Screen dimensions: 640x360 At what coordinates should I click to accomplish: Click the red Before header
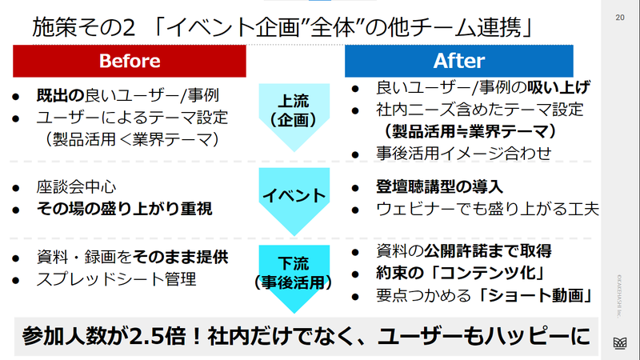click(x=130, y=61)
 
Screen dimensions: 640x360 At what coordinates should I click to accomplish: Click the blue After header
click(x=458, y=61)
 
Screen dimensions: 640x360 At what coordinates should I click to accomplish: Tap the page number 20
click(x=619, y=18)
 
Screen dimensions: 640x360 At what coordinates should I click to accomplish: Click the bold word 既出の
click(x=61, y=95)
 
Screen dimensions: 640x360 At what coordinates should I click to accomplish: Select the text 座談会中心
click(x=76, y=187)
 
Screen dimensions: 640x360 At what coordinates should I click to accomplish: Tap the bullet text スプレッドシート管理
click(x=116, y=279)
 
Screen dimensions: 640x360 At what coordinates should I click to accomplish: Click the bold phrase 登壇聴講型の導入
click(x=439, y=187)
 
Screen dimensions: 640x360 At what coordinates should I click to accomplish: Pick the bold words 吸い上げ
click(x=558, y=87)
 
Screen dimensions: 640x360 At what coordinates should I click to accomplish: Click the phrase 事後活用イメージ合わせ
click(x=464, y=154)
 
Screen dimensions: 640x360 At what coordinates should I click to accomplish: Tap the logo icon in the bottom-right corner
click(x=620, y=343)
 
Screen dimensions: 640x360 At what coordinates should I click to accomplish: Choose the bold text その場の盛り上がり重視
click(x=125, y=209)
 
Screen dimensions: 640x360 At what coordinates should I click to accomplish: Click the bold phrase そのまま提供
click(x=180, y=257)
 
